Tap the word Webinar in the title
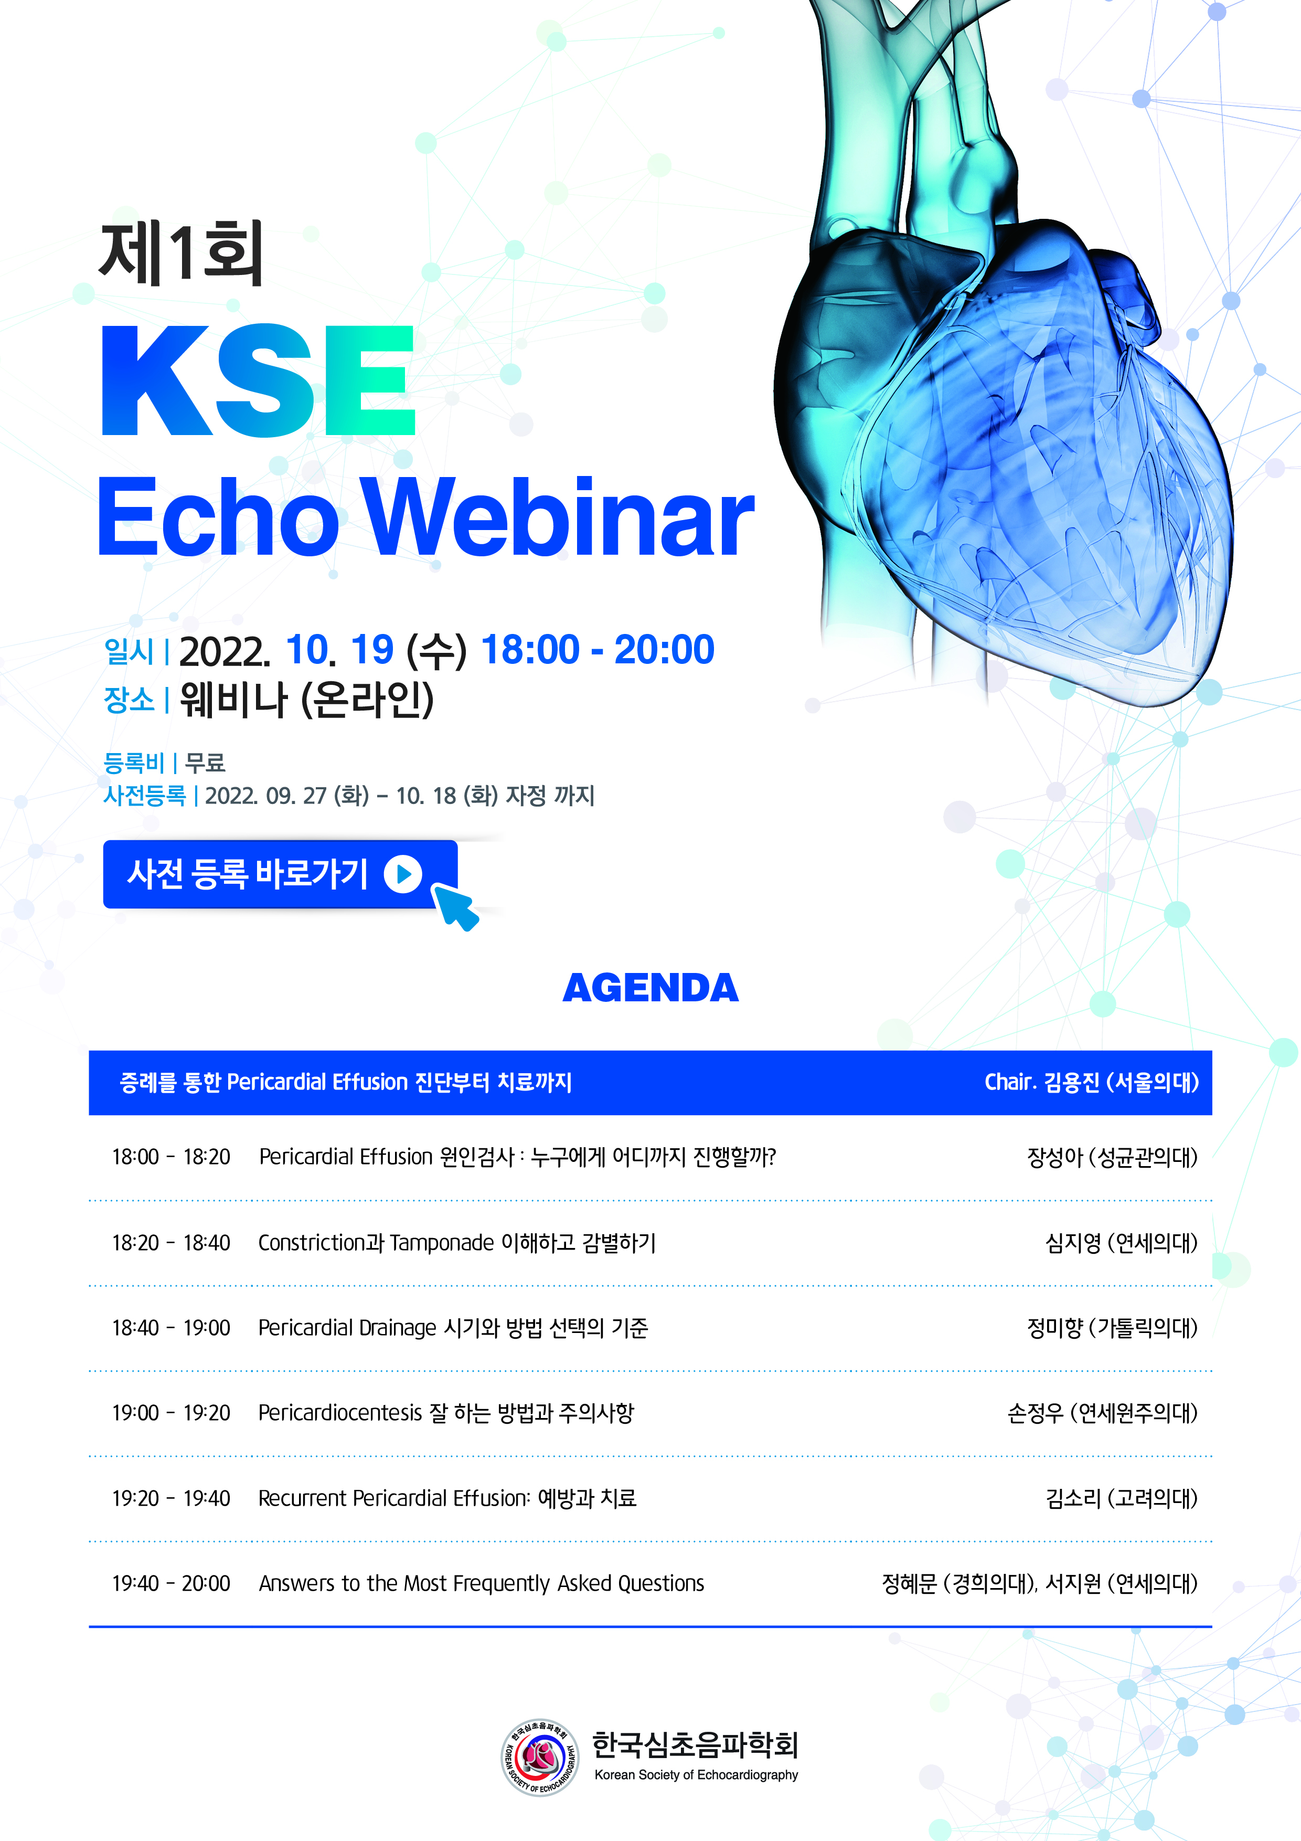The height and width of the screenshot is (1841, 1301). coord(558,517)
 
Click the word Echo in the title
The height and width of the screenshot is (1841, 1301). coord(217,517)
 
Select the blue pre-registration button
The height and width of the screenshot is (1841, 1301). coord(280,874)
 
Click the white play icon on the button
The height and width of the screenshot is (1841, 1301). coord(403,874)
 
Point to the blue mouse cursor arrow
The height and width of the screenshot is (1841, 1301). coord(454,905)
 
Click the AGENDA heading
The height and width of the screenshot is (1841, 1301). coord(650,988)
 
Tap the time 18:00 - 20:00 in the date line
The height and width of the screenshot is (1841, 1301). coord(597,650)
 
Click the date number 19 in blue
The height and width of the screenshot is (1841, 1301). coord(372,650)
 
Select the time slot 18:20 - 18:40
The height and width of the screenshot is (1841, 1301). coord(170,1243)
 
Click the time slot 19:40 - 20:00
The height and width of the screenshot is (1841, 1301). coord(170,1584)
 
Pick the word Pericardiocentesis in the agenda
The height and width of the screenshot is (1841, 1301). coord(340,1413)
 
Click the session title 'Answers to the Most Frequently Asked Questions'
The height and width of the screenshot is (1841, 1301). coord(481,1584)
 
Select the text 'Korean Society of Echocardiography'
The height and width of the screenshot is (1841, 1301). coord(696,1775)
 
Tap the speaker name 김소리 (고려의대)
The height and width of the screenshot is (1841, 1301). coord(1121,1499)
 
